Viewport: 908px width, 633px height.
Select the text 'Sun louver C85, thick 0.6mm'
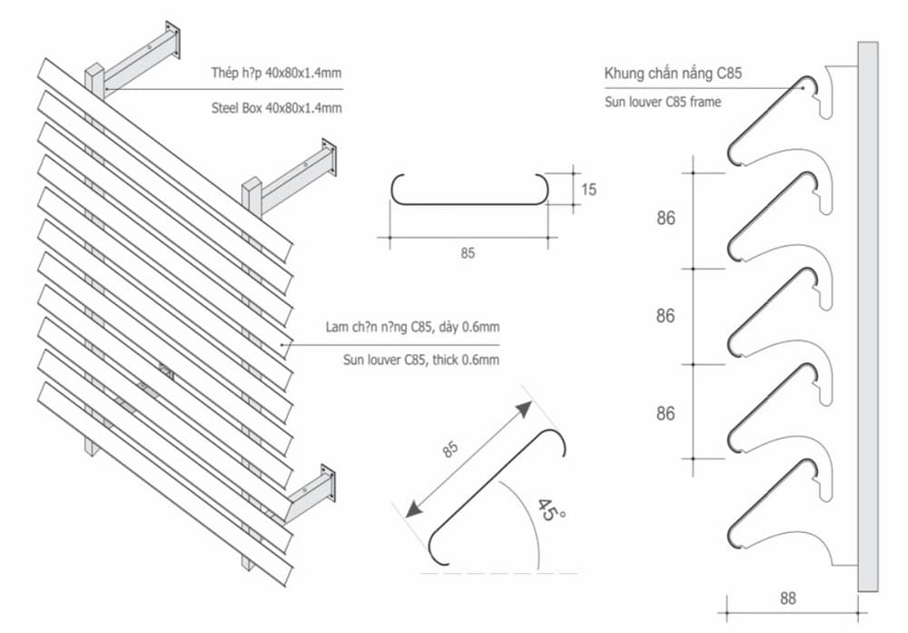[421, 360]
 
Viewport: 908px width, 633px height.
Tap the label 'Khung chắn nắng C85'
[673, 74]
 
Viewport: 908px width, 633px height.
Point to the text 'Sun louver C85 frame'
[663, 102]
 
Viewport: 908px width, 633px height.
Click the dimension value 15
[588, 190]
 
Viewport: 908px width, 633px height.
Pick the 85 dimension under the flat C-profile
[468, 253]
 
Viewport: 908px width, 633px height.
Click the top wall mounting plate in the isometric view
[173, 41]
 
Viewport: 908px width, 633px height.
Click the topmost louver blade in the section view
[772, 118]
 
